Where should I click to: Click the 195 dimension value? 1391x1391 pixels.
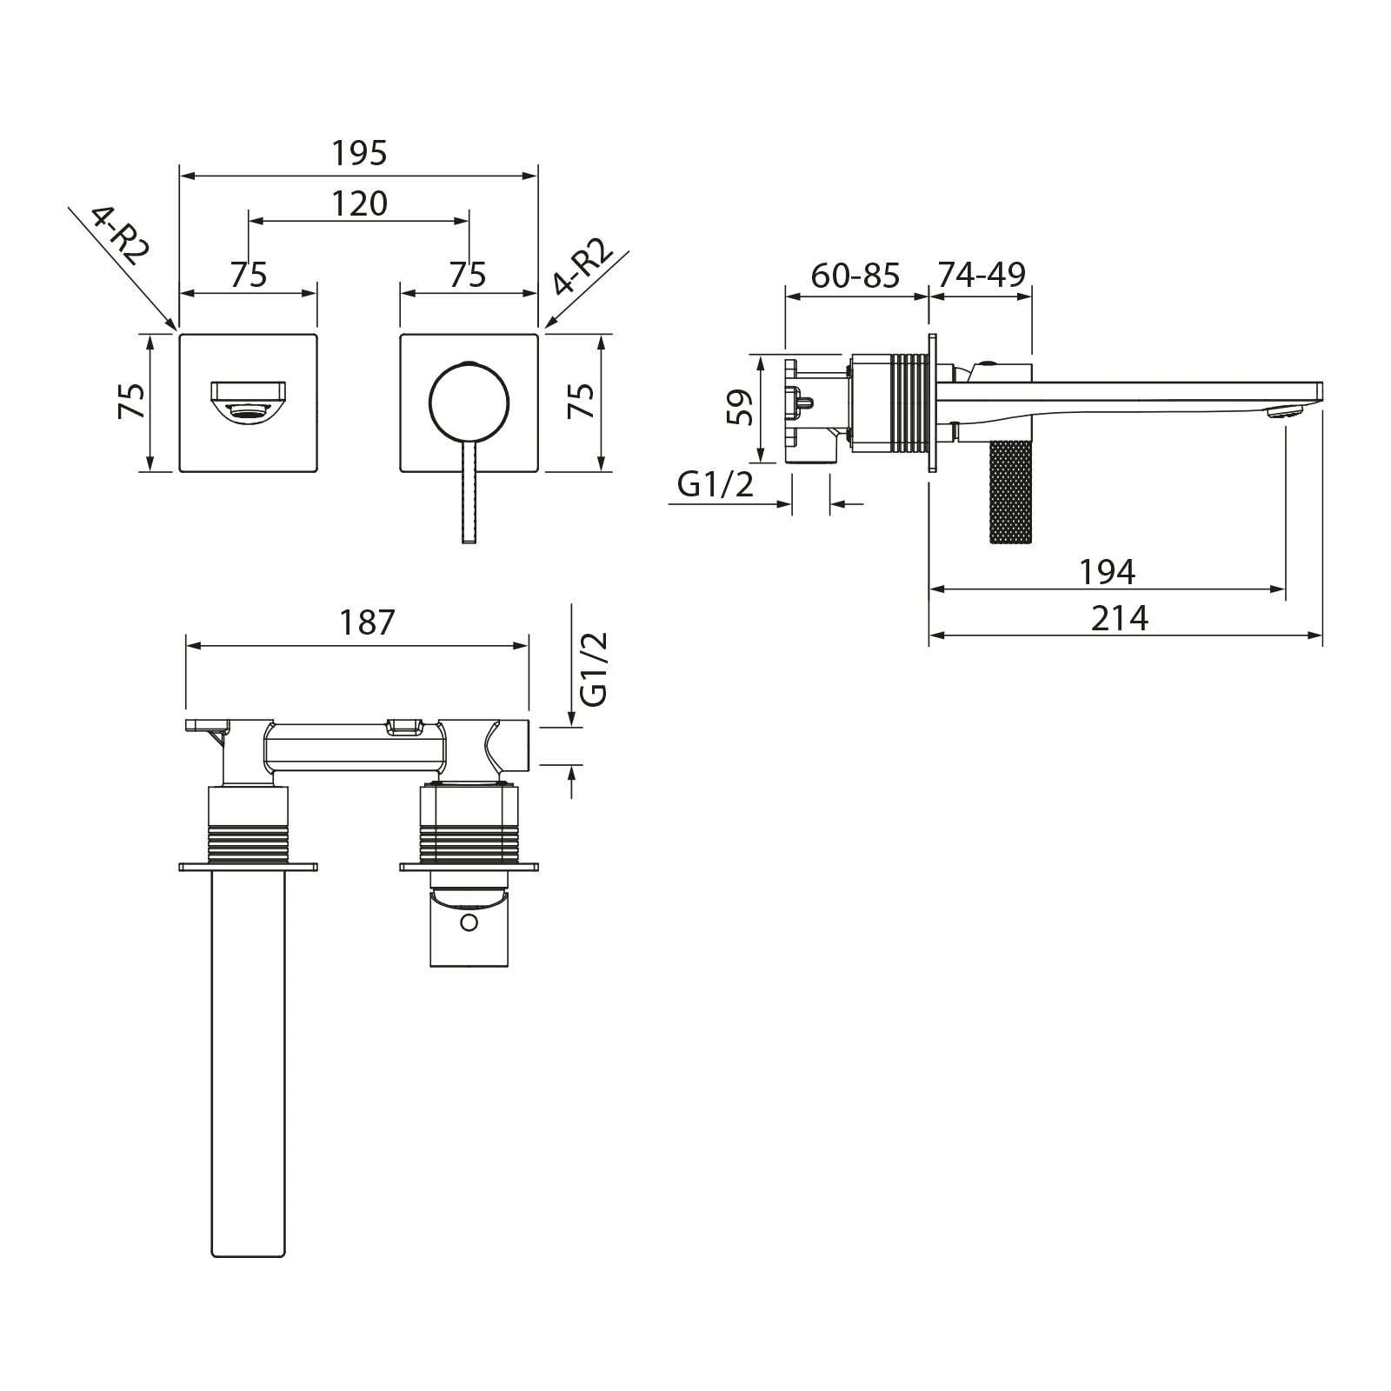(359, 154)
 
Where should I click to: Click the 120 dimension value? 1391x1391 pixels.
(359, 203)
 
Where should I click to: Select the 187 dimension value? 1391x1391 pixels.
(367, 622)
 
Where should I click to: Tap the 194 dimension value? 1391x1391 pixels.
(1107, 572)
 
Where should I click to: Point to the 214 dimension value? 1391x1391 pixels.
(1120, 618)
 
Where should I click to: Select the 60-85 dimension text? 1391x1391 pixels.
(855, 276)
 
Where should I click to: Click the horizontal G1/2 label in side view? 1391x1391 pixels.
(715, 484)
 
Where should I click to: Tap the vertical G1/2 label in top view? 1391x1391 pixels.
(596, 669)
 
